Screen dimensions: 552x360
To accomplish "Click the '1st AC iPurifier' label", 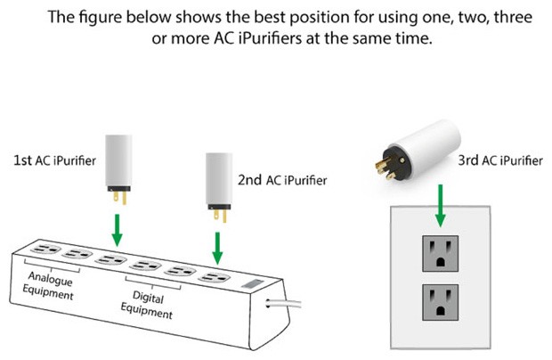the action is point(54,160).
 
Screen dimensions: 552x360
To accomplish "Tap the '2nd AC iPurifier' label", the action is point(282,180).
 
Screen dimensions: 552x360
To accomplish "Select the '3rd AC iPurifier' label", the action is point(500,160).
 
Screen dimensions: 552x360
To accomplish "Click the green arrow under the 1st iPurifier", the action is point(118,230).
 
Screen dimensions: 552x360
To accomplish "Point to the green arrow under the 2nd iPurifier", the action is point(217,248).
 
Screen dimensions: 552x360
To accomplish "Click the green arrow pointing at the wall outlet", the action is point(440,205).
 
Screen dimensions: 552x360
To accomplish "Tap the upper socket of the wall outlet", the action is point(441,254).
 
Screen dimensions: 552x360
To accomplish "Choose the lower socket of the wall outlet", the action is point(441,302).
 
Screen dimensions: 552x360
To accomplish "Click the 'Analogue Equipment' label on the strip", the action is point(49,286).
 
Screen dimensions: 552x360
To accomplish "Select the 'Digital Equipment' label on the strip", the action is point(147,305).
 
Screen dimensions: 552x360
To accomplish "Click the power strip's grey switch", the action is point(253,283).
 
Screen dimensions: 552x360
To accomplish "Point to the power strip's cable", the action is point(283,303).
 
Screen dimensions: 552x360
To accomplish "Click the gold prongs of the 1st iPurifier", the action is point(120,198).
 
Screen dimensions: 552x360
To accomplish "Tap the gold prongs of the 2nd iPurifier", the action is point(221,216).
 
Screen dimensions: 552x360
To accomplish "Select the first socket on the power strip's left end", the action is point(45,249).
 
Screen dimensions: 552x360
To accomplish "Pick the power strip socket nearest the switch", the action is point(215,277).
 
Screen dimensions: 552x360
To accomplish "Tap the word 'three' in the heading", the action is point(513,17).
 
